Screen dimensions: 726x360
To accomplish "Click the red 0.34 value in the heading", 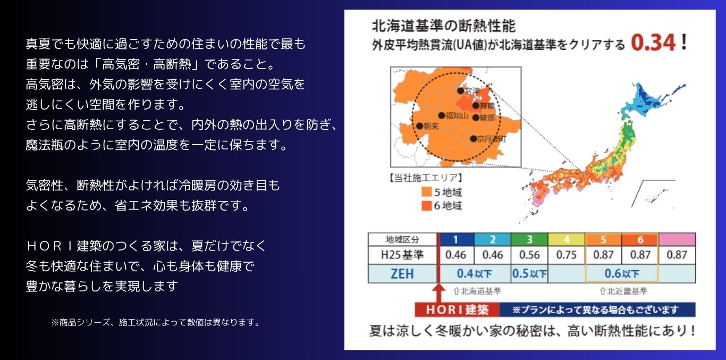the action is coord(653,43).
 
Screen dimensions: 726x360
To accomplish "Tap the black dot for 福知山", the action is coord(442,115).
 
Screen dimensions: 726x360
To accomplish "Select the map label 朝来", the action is coord(431,126).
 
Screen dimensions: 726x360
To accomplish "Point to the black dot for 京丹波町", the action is coord(473,139).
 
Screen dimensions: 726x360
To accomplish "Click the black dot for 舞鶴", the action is coord(476,105).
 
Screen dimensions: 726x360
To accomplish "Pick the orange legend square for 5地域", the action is coord(427,191).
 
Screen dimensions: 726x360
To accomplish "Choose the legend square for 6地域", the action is coord(427,206).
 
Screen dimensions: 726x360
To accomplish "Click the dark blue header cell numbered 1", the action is coord(455,239).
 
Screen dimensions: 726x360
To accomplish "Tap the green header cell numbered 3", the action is coord(529,239).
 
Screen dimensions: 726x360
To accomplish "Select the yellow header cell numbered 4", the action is coord(567,239).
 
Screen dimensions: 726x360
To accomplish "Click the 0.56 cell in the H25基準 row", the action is coord(529,255).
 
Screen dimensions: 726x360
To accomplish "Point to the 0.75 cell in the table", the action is coord(567,255).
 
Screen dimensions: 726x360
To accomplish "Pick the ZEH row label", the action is coord(402,274).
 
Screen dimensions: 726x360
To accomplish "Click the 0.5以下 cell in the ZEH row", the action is coord(529,274).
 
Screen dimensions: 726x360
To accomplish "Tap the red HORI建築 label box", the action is coord(457,309).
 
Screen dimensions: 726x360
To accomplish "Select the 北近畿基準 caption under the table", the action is coord(623,291).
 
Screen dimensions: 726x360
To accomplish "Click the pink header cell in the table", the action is coord(677,239).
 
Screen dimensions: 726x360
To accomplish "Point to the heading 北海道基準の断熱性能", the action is coord(443,26).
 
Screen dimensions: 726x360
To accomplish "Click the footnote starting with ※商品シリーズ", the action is coord(155,322).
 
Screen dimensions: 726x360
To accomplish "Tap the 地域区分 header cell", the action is coord(402,240).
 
